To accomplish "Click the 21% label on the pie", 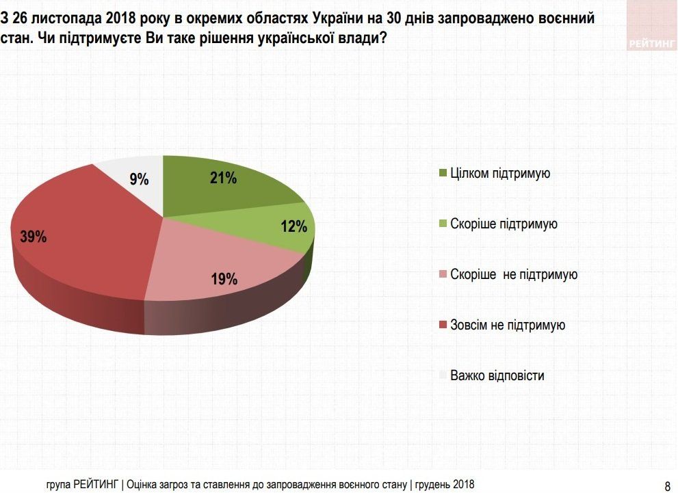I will (223, 178).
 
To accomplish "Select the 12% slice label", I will (294, 227).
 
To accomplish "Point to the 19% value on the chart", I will (224, 279).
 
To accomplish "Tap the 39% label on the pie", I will (33, 237).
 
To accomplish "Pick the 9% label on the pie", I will (139, 179).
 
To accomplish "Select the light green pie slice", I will (274, 229).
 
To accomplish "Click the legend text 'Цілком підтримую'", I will (500, 174).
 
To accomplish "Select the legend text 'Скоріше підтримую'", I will (504, 224).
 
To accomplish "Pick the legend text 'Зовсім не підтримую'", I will (508, 325).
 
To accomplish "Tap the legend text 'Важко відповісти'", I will (497, 376).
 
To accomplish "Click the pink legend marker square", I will (443, 275).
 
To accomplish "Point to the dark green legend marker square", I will (443, 174).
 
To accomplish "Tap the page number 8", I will (668, 486).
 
